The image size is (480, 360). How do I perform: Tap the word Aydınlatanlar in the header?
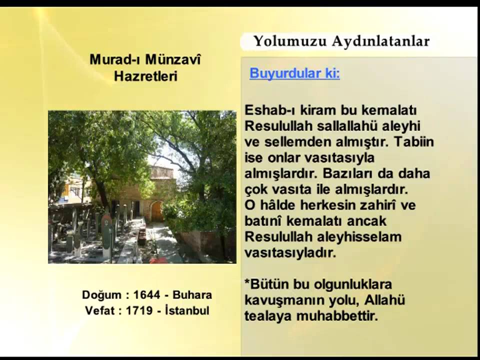380,41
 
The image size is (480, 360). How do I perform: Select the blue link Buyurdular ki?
294,73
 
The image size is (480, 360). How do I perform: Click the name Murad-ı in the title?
114,59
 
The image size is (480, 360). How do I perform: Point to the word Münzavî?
173,59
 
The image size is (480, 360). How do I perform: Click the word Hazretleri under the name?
145,76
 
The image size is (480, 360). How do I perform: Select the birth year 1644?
146,295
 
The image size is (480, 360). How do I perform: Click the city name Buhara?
192,295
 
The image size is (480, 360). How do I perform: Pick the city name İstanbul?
187,310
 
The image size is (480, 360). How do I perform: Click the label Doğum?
101,295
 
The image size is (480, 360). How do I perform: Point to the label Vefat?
100,310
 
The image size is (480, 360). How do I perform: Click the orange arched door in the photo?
157,211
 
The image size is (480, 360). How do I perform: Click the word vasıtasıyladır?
290,252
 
